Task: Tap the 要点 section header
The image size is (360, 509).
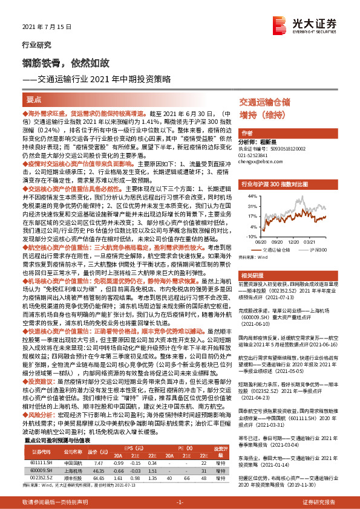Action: pos(34,99)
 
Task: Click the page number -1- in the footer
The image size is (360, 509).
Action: pos(180,502)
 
